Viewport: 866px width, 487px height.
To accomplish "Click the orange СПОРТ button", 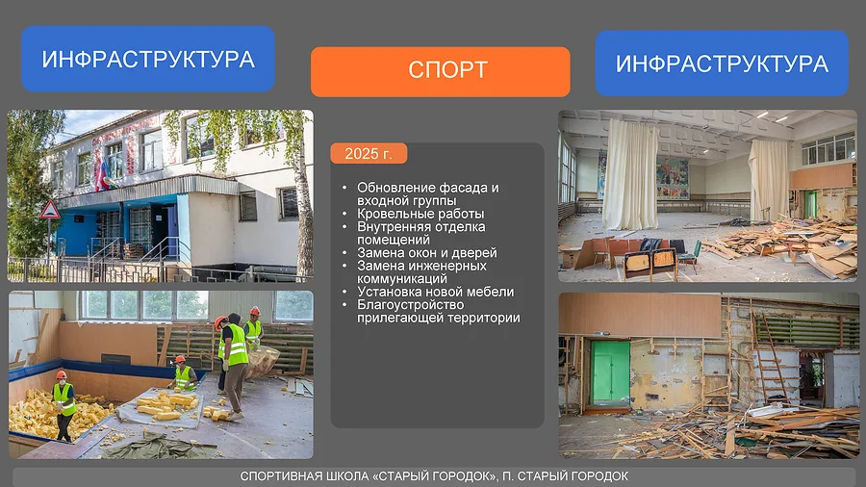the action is (440, 71).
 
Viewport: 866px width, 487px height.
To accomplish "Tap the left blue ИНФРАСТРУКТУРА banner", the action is (148, 59).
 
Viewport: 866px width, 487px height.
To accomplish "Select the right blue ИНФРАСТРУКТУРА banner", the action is (722, 63).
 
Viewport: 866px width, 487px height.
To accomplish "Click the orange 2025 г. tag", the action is (369, 153).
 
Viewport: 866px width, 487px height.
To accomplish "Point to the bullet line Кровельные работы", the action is (420, 214).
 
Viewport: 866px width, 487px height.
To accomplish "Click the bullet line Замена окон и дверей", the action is (427, 253).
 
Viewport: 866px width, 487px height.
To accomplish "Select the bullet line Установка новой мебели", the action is (435, 292).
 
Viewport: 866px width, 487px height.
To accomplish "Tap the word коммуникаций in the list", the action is (402, 279).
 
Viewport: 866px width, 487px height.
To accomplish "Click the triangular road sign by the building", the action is (50, 210).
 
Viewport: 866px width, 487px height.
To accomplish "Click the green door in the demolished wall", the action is (610, 373).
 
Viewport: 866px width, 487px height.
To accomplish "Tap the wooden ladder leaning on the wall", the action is (771, 357).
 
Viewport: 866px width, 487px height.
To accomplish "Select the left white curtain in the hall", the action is (629, 174).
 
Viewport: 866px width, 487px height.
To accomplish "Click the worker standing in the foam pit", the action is (64, 405).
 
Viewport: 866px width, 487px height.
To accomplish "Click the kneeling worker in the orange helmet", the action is (183, 374).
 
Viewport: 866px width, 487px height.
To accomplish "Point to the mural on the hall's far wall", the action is (673, 178).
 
